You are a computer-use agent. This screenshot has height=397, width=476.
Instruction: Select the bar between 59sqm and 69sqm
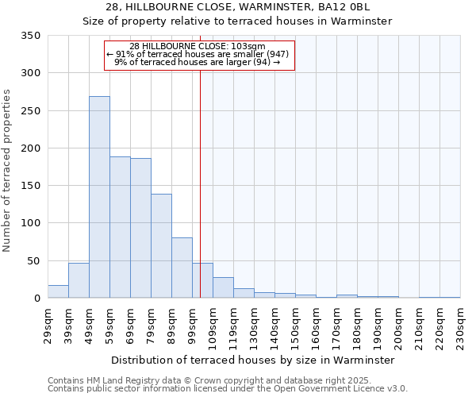120,227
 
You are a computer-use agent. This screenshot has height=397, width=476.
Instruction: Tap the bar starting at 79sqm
161,246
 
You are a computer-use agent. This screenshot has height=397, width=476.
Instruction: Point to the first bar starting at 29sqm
58,291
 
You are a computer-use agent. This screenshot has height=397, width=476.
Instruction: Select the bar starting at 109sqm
223,287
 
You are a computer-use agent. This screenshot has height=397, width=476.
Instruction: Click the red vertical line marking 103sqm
200,175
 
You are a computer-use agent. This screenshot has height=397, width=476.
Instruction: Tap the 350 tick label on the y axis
31,36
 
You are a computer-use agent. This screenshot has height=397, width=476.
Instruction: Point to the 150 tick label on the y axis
31,186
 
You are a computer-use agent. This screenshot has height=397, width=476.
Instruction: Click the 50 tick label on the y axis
34,260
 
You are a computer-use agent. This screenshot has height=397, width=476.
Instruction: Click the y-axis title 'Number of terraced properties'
8,171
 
